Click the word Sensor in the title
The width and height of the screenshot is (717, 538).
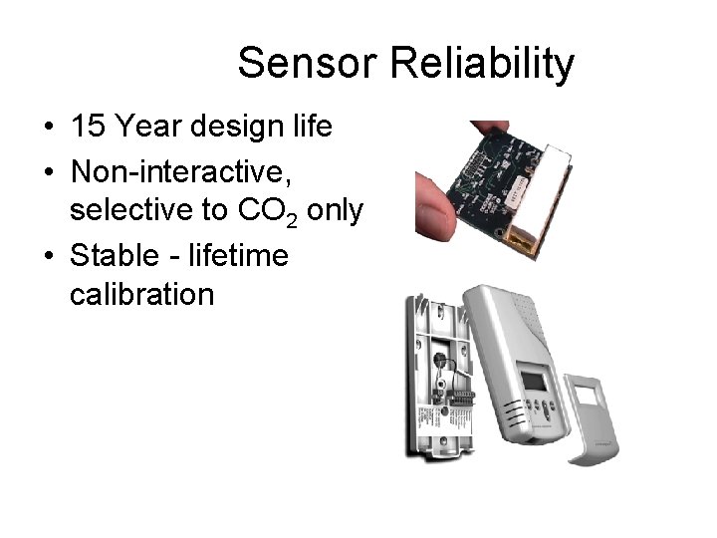[x=304, y=65]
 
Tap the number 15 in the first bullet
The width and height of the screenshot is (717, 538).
[x=88, y=128]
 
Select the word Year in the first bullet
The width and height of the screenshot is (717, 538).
[x=148, y=128]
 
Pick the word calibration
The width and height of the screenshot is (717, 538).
[x=141, y=294]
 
